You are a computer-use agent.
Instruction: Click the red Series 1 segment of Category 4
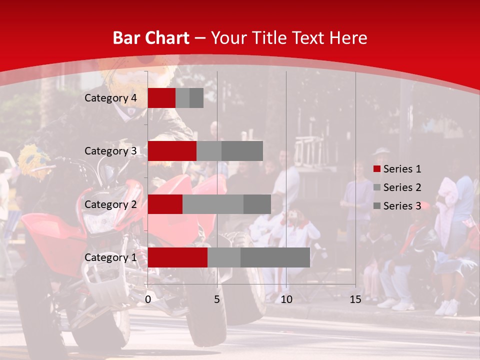(x=161, y=98)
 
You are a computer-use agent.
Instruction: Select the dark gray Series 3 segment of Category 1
(x=275, y=257)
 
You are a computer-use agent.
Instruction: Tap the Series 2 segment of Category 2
(x=213, y=204)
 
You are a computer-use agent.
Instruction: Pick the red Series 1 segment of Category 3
(x=172, y=151)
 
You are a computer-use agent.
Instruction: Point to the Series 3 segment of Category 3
(x=242, y=151)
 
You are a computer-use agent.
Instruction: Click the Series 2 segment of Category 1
(x=224, y=257)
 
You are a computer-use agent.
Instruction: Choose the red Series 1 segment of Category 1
(x=177, y=257)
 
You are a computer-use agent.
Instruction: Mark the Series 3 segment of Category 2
(x=257, y=204)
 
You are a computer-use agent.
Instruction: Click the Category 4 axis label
(x=110, y=98)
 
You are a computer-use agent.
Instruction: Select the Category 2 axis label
(x=110, y=204)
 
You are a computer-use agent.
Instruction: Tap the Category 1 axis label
(x=110, y=257)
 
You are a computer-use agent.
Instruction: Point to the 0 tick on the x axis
(x=148, y=299)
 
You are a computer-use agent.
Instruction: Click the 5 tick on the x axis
(x=217, y=299)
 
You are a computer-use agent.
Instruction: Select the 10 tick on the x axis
(x=286, y=299)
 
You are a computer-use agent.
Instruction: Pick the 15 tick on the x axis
(x=355, y=299)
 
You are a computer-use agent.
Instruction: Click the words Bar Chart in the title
(x=151, y=38)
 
